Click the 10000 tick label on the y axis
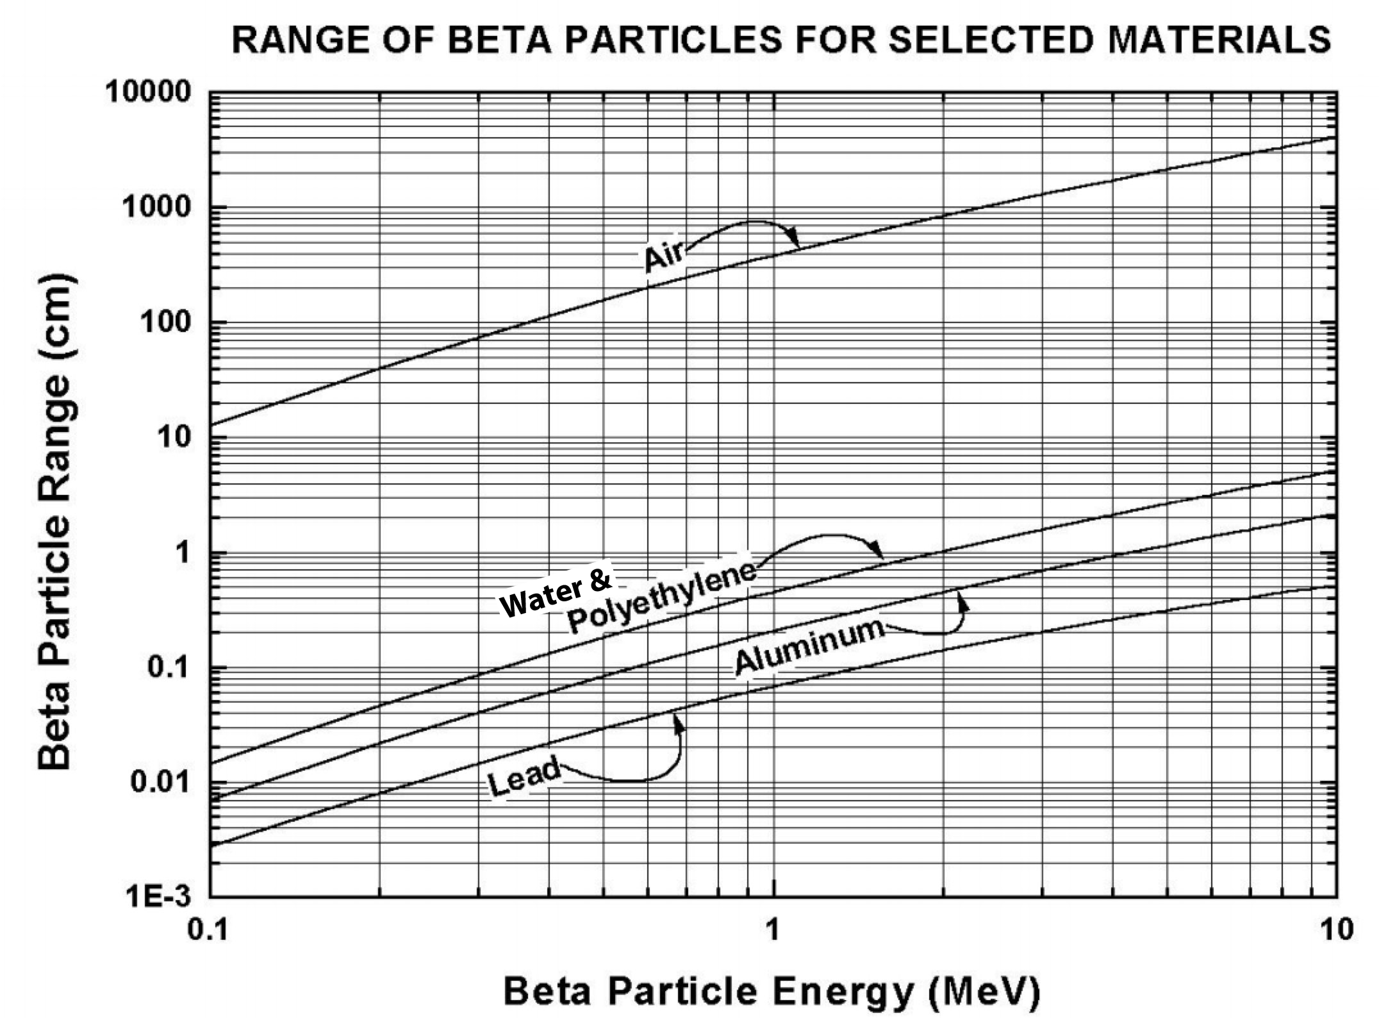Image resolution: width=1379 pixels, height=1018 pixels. click(149, 94)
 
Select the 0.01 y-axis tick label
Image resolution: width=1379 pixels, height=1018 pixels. click(161, 782)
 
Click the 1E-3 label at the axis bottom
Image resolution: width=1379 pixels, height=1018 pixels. click(160, 897)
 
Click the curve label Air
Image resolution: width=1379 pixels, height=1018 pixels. click(665, 256)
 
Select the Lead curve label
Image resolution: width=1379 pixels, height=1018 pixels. click(524, 777)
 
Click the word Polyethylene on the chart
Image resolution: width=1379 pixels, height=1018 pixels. click(661, 597)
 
